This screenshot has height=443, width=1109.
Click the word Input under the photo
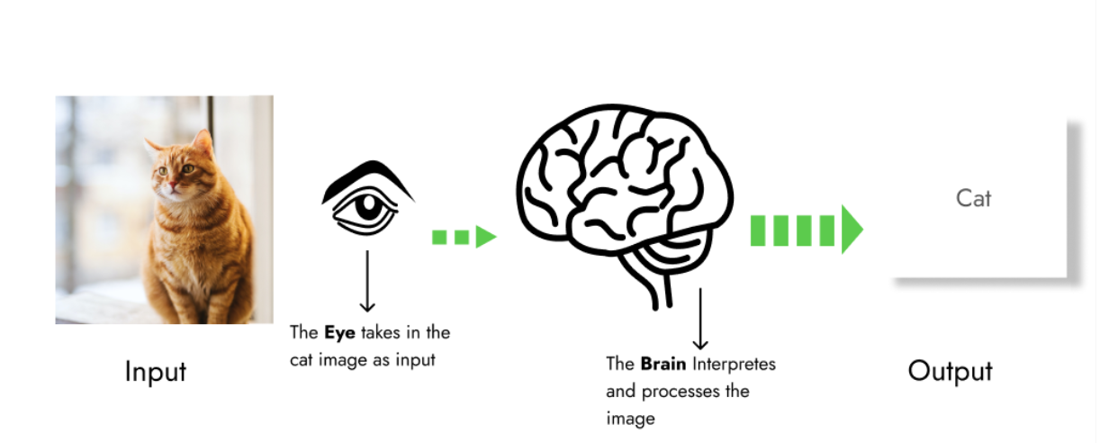(155, 371)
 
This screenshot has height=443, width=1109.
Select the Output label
(950, 371)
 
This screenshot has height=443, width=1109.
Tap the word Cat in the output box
(973, 198)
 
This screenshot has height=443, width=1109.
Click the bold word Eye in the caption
(341, 333)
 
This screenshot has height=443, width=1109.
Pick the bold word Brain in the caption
(663, 365)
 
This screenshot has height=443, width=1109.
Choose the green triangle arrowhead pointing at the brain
(486, 238)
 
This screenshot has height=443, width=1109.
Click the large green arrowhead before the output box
(852, 230)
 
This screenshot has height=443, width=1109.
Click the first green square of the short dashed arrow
(439, 238)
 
